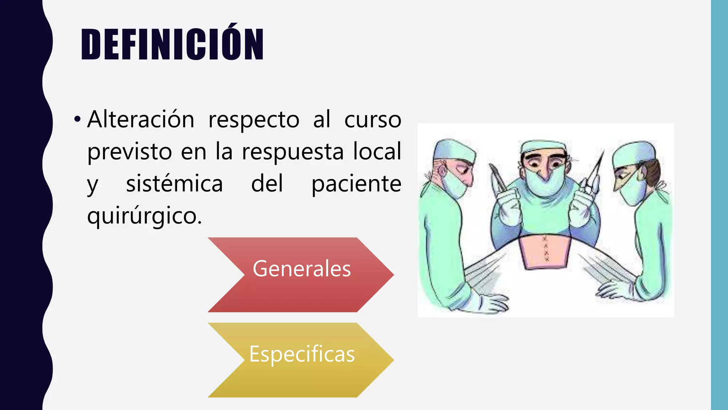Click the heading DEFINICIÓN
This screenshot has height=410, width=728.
tap(172, 44)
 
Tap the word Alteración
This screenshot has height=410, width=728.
tap(141, 119)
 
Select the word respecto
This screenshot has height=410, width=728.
tap(254, 120)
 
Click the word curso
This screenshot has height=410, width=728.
tap(373, 120)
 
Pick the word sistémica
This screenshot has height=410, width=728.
tap(174, 184)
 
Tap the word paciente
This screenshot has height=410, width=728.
tap(356, 184)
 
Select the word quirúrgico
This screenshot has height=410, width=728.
tap(144, 216)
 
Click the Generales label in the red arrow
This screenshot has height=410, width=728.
tap(301, 269)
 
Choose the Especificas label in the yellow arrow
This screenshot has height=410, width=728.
tap(302, 354)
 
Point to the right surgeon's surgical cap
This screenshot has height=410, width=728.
tap(633, 152)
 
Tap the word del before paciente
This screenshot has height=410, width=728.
tap(267, 184)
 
